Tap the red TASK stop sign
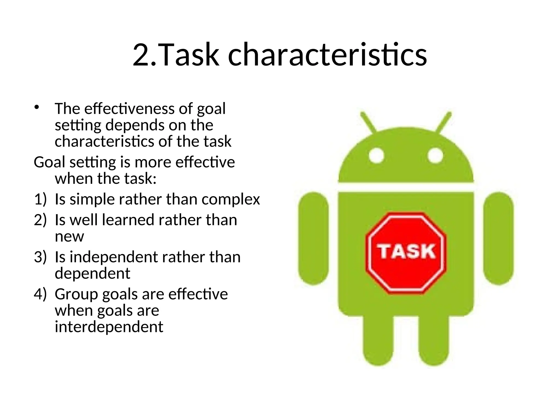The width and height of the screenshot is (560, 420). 406,253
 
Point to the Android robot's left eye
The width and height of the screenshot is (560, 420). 377,156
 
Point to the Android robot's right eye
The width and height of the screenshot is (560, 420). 435,156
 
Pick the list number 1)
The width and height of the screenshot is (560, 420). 40,199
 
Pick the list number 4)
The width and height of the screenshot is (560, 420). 40,294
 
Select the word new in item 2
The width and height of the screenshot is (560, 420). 69,237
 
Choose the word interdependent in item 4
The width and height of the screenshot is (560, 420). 109,327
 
